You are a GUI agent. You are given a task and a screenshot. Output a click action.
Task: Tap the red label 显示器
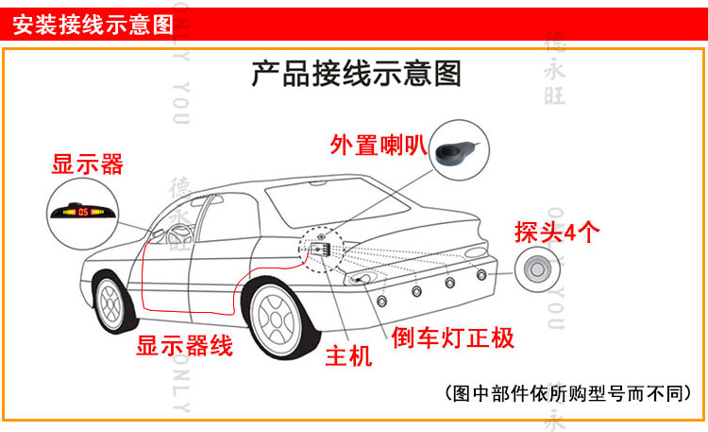(x=87, y=164)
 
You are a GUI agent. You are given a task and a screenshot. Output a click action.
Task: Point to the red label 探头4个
(x=556, y=233)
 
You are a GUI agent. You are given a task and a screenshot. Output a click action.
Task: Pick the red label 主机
(x=348, y=356)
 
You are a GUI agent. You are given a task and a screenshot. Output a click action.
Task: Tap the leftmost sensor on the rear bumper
(x=382, y=301)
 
